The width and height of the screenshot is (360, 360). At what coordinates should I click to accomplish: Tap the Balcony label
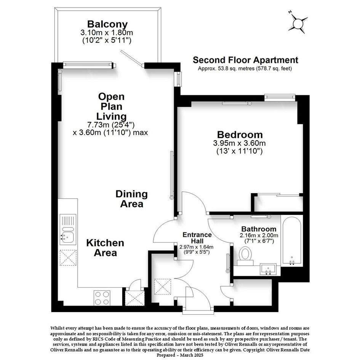107,24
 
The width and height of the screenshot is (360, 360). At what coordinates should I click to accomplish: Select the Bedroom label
240,134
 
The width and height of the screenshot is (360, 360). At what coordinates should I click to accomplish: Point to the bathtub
292,241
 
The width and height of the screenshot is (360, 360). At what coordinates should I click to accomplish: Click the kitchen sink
68,229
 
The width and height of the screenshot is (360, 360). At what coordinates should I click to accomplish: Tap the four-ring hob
102,298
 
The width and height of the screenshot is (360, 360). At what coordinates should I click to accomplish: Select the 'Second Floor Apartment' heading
245,60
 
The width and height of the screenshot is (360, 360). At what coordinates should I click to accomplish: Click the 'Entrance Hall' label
197,238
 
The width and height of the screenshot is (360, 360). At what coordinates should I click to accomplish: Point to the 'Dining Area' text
131,199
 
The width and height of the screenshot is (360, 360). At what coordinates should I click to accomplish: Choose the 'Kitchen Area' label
105,248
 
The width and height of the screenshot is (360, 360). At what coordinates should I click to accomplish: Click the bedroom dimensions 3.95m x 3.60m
240,143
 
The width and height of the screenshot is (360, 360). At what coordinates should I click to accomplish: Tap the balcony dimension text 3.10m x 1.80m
107,33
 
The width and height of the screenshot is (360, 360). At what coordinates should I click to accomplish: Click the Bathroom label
259,229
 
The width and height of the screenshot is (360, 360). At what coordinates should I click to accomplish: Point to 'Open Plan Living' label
111,107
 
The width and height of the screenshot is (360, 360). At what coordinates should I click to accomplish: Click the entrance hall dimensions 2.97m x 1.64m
196,247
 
